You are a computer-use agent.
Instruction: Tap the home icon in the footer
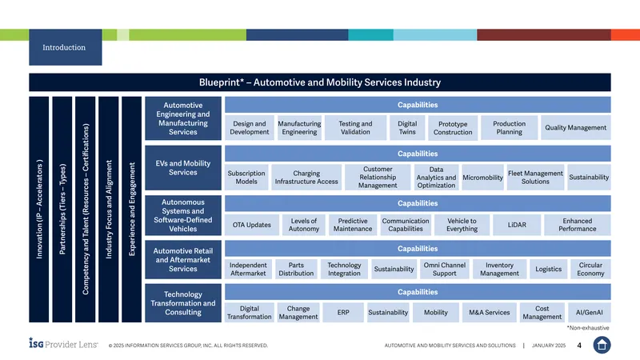[x=602, y=345]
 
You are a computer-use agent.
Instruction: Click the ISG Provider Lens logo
[x=63, y=344]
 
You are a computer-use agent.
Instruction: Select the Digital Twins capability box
[x=407, y=128]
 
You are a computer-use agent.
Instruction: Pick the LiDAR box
[x=517, y=225]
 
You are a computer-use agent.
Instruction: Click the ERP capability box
[x=343, y=313]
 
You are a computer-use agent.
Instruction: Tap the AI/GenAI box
[x=589, y=313]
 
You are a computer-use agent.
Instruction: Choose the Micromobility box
[x=482, y=178]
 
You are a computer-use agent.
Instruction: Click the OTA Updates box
[x=252, y=225]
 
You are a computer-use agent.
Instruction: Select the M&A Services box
[x=489, y=313]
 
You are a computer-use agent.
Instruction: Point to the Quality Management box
[x=575, y=128]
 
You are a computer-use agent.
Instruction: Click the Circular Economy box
[x=590, y=270]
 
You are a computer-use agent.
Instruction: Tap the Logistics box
[x=548, y=270]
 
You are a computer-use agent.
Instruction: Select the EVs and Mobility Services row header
[x=183, y=168]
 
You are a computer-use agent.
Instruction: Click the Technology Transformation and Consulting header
[x=183, y=303]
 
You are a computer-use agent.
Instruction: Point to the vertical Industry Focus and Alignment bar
[x=109, y=210]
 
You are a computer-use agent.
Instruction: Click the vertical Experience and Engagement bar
[x=132, y=210]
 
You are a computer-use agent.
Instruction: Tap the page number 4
[x=579, y=346]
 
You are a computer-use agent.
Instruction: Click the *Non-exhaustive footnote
[x=588, y=328]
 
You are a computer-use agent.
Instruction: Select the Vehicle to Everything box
[x=462, y=225]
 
